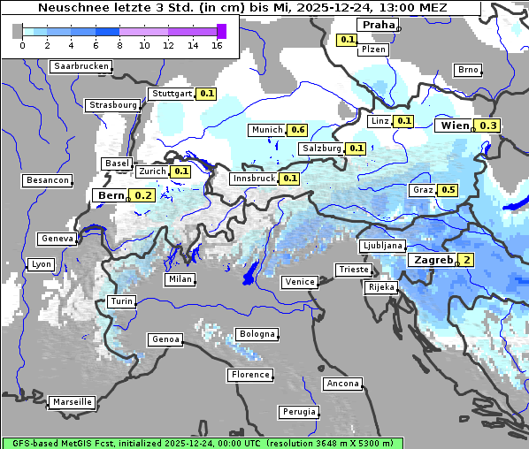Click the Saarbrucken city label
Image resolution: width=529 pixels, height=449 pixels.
coord(81,66)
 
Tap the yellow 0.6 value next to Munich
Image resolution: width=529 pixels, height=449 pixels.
coord(298,130)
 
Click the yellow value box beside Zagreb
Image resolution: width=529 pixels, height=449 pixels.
coord(465,260)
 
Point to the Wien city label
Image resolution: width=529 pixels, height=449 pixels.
coord(454,126)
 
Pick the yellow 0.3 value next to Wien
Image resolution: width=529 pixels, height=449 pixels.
coord(488,126)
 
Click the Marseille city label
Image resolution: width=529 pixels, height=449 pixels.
coord(72,401)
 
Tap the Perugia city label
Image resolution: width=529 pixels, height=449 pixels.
coord(299,412)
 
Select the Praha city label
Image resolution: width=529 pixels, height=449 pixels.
coord(377,25)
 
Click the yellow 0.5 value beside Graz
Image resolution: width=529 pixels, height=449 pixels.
coord(448,190)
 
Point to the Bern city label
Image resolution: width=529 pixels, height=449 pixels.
coord(111,195)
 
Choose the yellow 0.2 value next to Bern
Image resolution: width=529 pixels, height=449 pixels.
coord(142,195)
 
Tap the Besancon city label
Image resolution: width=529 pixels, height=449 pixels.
coord(48,180)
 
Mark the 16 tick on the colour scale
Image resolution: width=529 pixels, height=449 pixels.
coord(217,45)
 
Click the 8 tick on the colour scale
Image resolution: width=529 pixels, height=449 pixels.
coord(119,45)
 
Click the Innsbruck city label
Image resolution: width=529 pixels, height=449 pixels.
coord(254,179)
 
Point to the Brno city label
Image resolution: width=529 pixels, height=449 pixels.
coord(467,70)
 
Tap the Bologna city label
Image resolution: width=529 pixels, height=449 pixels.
coord(257,334)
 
